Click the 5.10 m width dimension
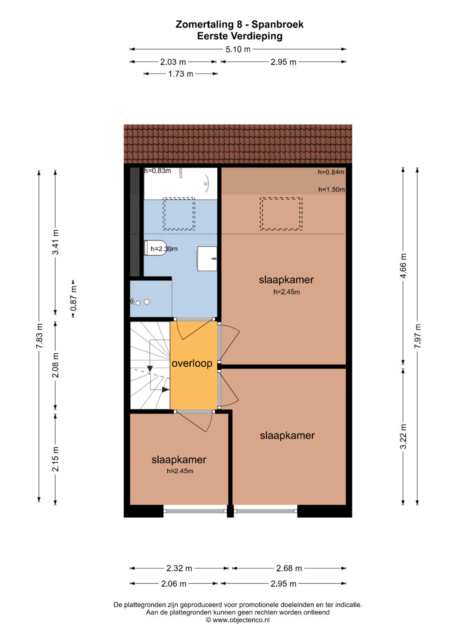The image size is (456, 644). pyautogui.click(x=238, y=49)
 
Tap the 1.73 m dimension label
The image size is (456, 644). pyautogui.click(x=181, y=74)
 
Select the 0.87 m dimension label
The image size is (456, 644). pyautogui.click(x=73, y=299)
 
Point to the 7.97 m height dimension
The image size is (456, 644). pyautogui.click(x=418, y=336)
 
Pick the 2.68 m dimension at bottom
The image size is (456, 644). pyautogui.click(x=289, y=568)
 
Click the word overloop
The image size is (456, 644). pyautogui.click(x=192, y=364)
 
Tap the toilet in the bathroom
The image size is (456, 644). pyautogui.click(x=155, y=248)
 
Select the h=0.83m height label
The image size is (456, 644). pyautogui.click(x=157, y=171)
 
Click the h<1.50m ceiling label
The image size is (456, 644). pyautogui.click(x=331, y=189)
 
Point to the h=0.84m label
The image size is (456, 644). pyautogui.click(x=331, y=172)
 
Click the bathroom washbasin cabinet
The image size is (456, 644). pyautogui.click(x=207, y=259)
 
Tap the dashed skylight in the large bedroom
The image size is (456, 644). pyautogui.click(x=281, y=214)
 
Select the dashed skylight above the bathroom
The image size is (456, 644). pyautogui.click(x=179, y=214)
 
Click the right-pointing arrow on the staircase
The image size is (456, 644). pyautogui.click(x=166, y=390)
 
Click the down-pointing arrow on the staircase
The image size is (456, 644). pyautogui.click(x=150, y=369)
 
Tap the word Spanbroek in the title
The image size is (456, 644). pyautogui.click(x=277, y=24)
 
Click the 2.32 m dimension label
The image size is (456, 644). pyautogui.click(x=179, y=568)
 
